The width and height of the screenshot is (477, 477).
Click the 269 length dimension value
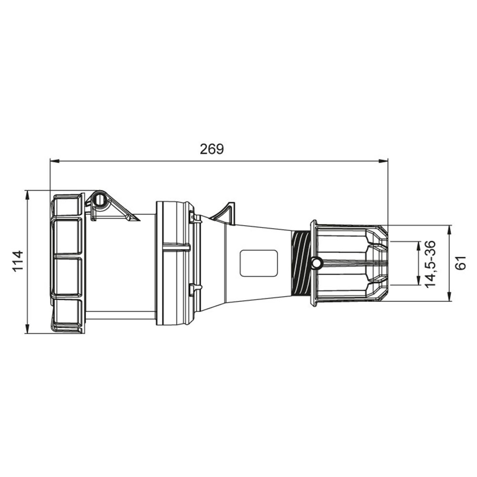click(x=212, y=149)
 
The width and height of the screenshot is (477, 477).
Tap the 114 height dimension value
click(x=19, y=261)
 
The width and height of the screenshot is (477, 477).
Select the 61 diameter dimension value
click(x=461, y=263)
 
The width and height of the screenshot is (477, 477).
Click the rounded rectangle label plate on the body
click(x=259, y=263)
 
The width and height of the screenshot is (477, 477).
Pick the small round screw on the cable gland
click(x=316, y=262)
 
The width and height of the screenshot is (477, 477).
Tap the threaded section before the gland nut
click(x=301, y=263)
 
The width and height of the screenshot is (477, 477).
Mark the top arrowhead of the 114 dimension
click(x=27, y=195)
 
